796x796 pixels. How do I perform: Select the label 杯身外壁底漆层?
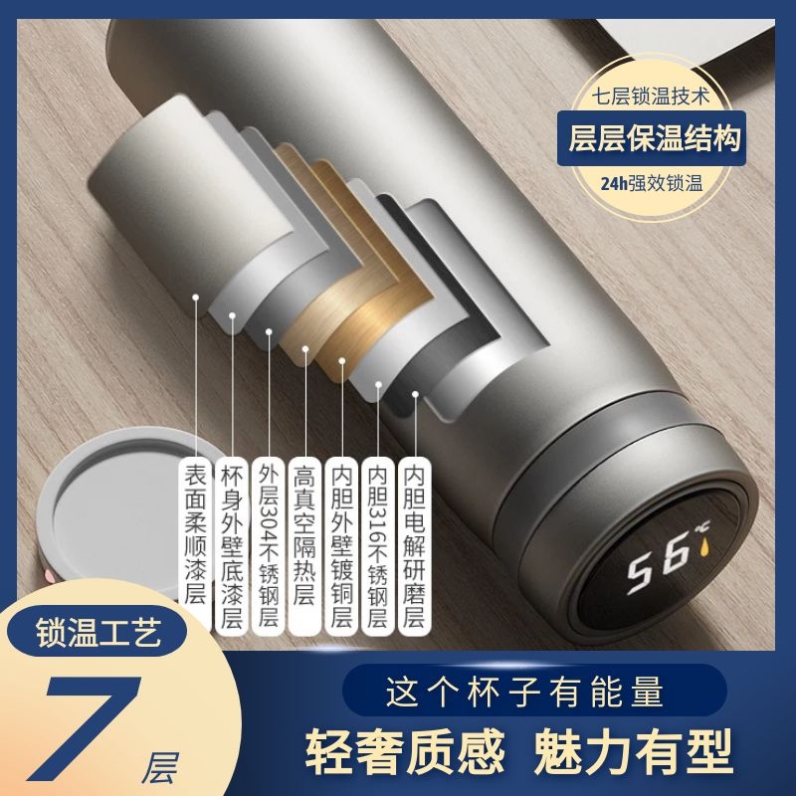pyautogui.click(x=232, y=546)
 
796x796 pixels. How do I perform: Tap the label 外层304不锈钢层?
pyautogui.click(x=269, y=546)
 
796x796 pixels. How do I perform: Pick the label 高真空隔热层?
pyautogui.click(x=304, y=546)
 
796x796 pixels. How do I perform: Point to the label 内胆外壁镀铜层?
pyautogui.click(x=341, y=546)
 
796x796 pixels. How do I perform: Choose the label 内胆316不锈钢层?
pyautogui.click(x=378, y=546)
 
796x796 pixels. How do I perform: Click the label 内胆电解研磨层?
pyautogui.click(x=414, y=546)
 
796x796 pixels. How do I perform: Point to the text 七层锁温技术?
pyautogui.click(x=650, y=97)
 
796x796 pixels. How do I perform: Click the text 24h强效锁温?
pyautogui.click(x=652, y=183)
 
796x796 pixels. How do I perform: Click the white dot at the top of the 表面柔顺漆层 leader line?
pyautogui.click(x=195, y=297)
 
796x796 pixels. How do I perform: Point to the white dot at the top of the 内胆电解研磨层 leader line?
pyautogui.click(x=415, y=394)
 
